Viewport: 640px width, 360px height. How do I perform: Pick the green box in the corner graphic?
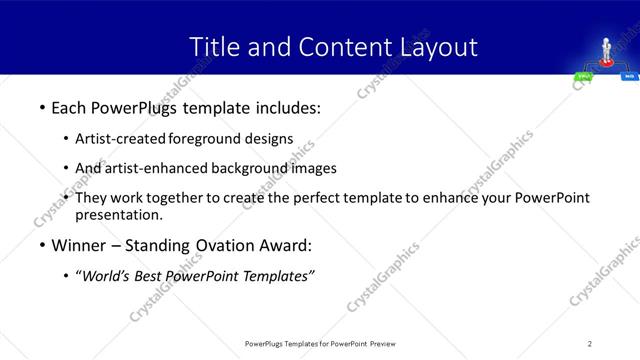click(582, 76)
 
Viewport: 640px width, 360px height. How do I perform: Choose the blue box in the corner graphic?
click(629, 76)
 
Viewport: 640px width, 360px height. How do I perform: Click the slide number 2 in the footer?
click(590, 344)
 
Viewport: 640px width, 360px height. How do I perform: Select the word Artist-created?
click(121, 138)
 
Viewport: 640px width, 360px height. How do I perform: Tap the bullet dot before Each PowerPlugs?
click(41, 106)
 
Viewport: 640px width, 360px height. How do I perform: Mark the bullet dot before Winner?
click(41, 245)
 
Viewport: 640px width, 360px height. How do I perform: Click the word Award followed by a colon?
click(286, 245)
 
